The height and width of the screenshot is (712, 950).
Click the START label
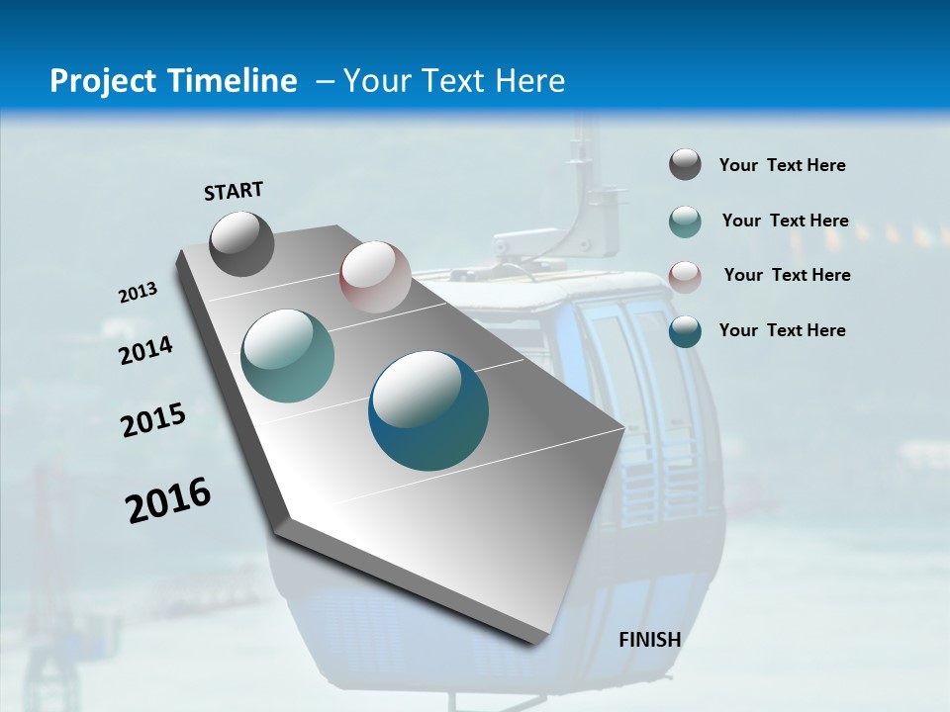pos(234,191)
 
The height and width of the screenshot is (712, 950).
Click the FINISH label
pos(649,640)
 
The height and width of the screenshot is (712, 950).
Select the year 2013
pos(138,293)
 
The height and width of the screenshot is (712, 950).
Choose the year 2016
pos(168,500)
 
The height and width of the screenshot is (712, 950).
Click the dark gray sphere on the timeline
pos(241,243)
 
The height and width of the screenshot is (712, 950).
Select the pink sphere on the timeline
pos(375,277)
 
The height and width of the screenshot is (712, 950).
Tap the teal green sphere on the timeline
pos(287,356)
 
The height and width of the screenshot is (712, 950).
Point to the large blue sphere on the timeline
pos(428,410)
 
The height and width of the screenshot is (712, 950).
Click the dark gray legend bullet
pos(685,165)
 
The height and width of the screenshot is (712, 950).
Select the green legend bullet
pos(685,222)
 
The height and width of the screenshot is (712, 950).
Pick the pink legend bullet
pos(685,276)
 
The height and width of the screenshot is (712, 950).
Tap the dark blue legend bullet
pos(685,331)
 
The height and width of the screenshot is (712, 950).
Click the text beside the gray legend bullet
pos(782,166)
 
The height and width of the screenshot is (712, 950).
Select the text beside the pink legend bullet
pos(787,275)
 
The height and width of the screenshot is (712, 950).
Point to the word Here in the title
pos(530,81)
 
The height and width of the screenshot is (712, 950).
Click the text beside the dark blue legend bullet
pos(782,330)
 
